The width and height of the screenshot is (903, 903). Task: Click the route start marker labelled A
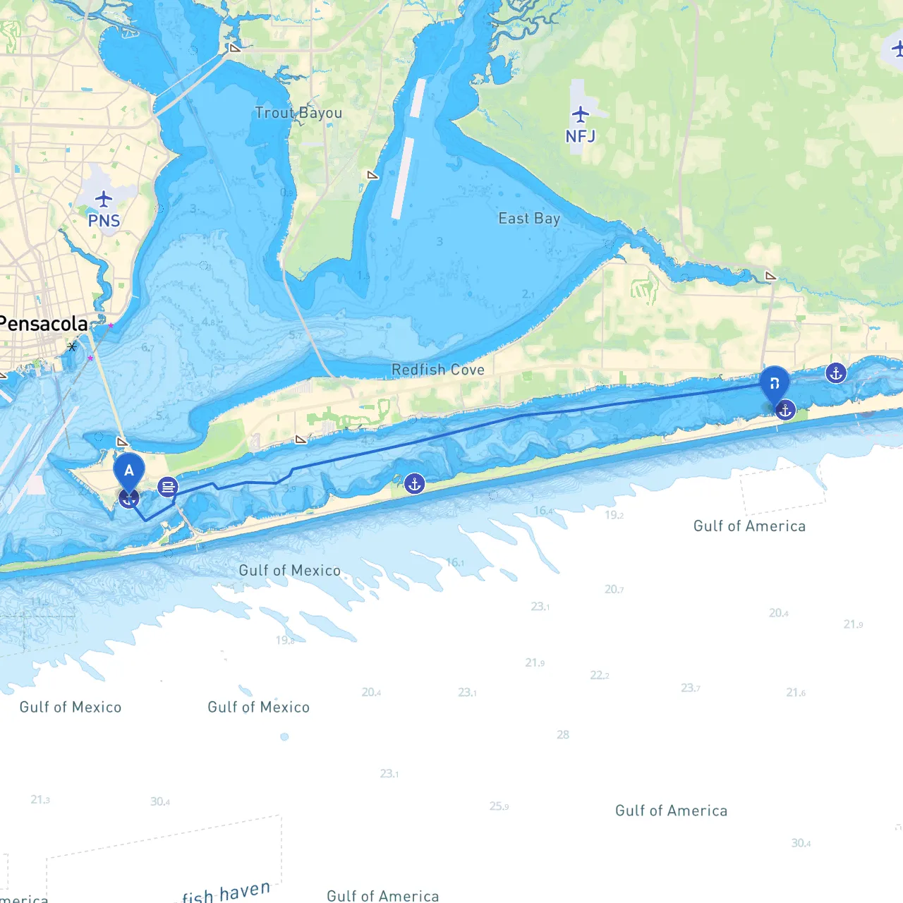(129, 471)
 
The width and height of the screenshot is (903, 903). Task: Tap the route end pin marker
(774, 384)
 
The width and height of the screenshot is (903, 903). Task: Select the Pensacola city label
(44, 324)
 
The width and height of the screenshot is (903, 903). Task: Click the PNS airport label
(104, 221)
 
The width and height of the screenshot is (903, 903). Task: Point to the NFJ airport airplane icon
(581, 114)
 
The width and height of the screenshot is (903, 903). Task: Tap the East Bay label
(529, 219)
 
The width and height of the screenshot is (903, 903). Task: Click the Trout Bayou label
(298, 113)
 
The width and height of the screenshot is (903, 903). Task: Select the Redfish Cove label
(438, 370)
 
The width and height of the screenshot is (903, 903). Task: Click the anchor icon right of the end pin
(836, 373)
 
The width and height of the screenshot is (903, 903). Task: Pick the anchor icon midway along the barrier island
(415, 484)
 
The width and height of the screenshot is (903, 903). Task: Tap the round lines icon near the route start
(168, 487)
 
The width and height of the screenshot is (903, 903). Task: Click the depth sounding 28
(563, 735)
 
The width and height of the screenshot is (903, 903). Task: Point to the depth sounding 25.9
(499, 806)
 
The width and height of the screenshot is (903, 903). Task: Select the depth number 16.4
(543, 511)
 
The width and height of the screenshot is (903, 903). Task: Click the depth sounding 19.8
(285, 641)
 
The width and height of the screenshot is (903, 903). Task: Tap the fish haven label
(226, 892)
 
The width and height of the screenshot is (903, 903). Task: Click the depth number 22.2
(599, 675)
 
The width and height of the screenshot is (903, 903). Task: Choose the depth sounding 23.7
(690, 688)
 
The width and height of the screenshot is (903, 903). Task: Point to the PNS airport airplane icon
(104, 199)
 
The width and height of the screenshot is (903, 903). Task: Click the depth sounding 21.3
(40, 799)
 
